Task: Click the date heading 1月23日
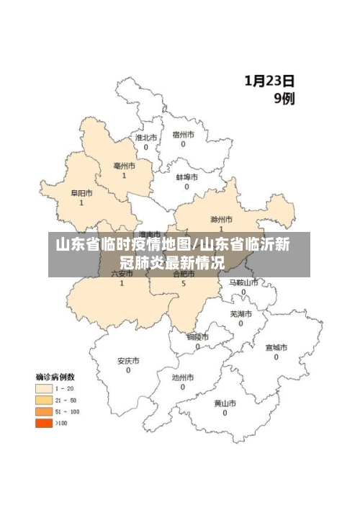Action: click(x=269, y=81)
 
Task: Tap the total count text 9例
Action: click(x=283, y=99)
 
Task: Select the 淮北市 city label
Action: click(x=146, y=136)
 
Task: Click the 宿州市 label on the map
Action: click(x=183, y=134)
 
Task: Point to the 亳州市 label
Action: click(x=124, y=166)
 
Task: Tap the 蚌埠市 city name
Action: click(x=186, y=176)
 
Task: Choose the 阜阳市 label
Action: click(x=81, y=193)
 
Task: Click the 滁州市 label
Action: click(x=221, y=219)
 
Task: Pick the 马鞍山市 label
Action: click(x=243, y=282)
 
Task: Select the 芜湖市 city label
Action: click(x=241, y=314)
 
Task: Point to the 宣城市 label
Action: click(x=276, y=347)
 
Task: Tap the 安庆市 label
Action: click(x=128, y=361)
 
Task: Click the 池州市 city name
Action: click(x=183, y=377)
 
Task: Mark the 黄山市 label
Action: click(x=225, y=403)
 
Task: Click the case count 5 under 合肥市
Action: click(x=184, y=284)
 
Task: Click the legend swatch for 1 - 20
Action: click(x=44, y=389)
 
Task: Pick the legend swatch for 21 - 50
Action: click(x=44, y=401)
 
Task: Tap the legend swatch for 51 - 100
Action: click(x=44, y=412)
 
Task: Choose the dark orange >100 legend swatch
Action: click(x=44, y=424)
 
